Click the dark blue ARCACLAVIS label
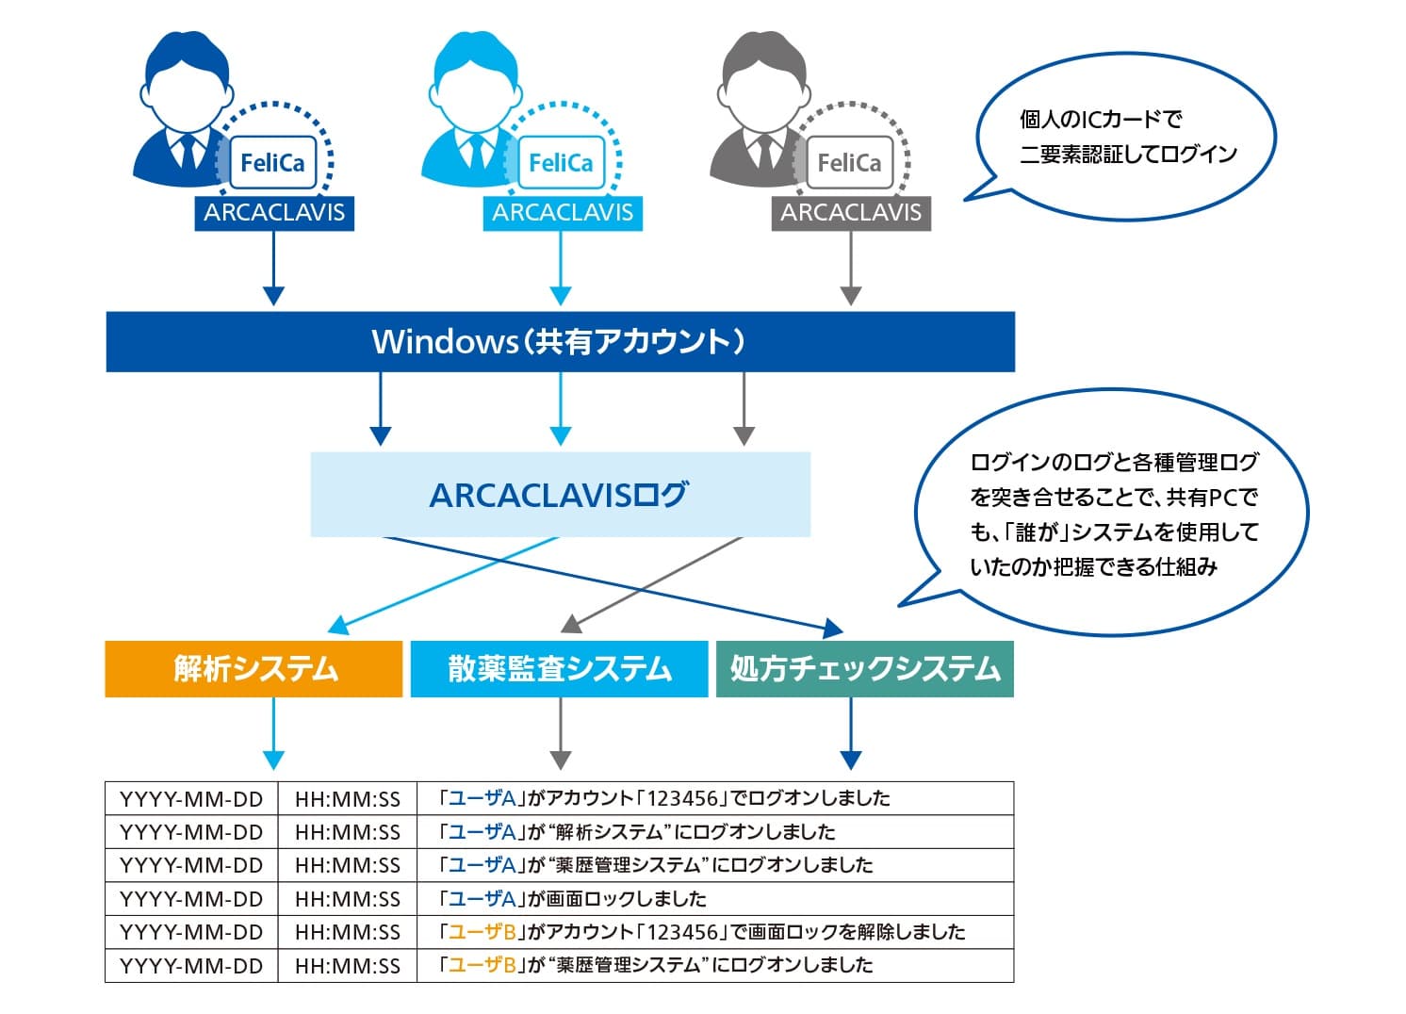(274, 214)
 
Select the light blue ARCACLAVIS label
(563, 214)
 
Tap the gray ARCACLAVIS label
(851, 214)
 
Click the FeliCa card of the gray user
(849, 163)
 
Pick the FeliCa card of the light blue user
(561, 163)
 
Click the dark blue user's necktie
(188, 153)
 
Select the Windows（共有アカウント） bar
(561, 341)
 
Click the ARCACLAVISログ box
(561, 494)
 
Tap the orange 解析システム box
(253, 669)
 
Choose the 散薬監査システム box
(559, 669)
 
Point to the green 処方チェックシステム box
(865, 669)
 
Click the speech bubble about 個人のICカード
(1123, 137)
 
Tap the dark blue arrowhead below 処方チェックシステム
(851, 760)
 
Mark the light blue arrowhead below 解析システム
(273, 760)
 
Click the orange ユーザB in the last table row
(482, 965)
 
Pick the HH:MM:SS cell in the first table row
(348, 798)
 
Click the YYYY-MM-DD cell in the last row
(191, 966)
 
